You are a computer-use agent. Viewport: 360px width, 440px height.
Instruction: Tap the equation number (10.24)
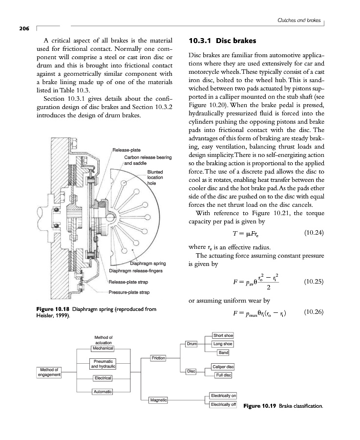coord(312,232)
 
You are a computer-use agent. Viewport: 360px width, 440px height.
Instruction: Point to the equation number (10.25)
coord(312,282)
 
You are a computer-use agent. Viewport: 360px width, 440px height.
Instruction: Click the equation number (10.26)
coord(312,312)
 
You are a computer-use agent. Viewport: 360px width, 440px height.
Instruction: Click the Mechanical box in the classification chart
coord(103,349)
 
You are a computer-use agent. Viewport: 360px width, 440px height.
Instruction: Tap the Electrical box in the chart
coord(103,378)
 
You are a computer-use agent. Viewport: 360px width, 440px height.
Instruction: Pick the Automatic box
coord(103,392)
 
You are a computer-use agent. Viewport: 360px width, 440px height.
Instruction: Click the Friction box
coord(158,358)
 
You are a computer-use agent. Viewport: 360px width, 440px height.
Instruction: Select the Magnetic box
coord(158,400)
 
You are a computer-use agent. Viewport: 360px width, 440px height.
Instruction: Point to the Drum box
coord(191,344)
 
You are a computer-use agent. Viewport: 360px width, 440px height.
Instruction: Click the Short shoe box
coord(223,335)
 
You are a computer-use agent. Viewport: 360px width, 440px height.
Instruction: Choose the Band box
coord(224,352)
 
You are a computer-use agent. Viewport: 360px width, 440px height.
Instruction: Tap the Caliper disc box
coord(223,367)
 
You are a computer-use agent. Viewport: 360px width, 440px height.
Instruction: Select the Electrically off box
coord(223,405)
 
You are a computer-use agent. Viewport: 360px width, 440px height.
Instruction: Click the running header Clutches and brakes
coord(298,21)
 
